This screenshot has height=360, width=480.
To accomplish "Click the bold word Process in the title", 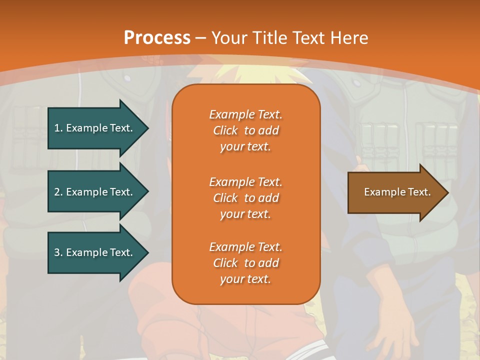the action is (157, 37).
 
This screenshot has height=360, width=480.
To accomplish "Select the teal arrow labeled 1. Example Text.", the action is (95, 128).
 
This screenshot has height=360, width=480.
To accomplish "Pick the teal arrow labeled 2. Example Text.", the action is (95, 192).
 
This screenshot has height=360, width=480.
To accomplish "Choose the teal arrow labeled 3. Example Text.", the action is (95, 252).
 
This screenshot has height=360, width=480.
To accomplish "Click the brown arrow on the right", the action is (395, 192).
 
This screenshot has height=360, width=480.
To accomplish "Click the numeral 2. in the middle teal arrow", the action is (58, 192).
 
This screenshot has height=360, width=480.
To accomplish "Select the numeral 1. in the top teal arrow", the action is (58, 128).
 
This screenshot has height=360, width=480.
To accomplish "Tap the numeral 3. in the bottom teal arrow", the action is (58, 252).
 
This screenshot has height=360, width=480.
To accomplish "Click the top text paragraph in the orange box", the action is (245, 130).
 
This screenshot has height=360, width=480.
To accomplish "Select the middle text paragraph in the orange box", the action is (245, 198).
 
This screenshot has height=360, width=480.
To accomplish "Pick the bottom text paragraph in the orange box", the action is (245, 263).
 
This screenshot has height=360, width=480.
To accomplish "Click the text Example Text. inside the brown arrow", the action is (397, 192).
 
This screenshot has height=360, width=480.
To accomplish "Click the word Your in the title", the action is (229, 37).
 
